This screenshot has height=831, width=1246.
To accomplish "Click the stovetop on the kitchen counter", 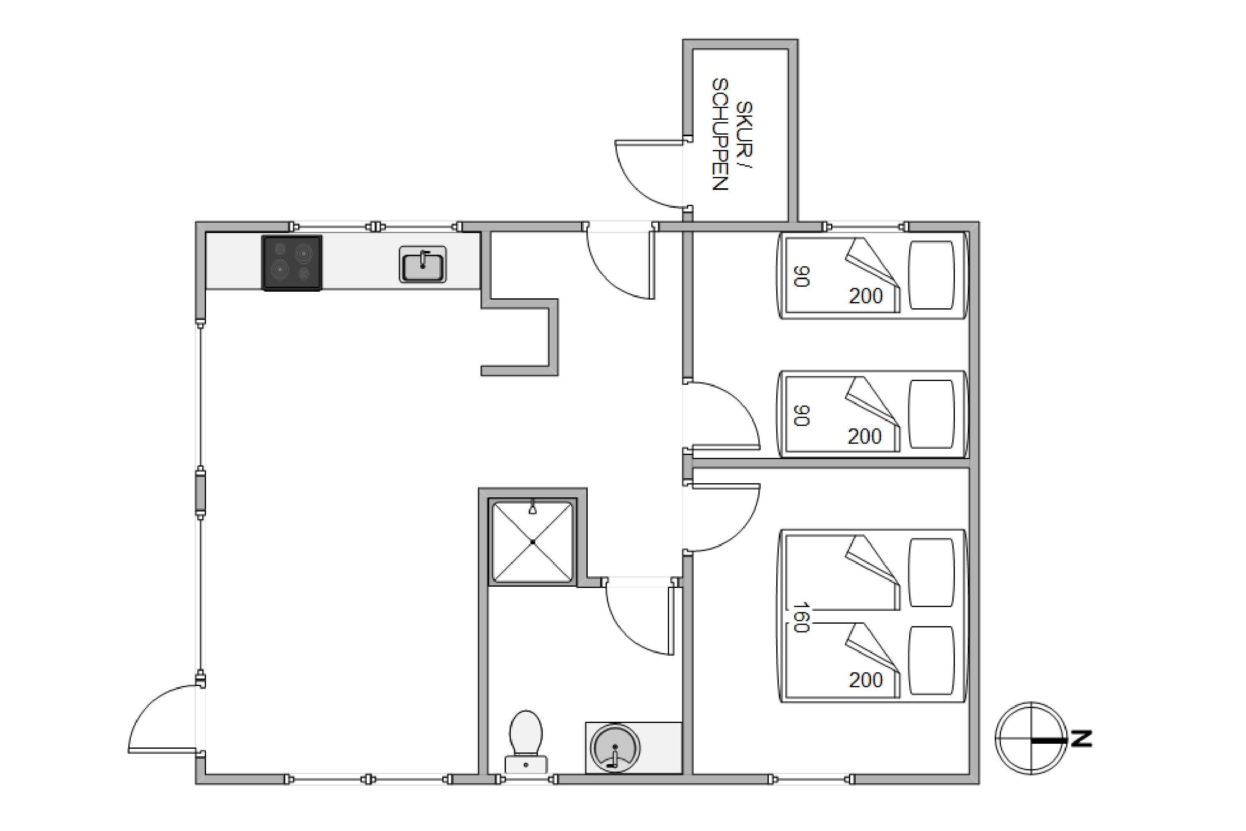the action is pyautogui.click(x=292, y=263).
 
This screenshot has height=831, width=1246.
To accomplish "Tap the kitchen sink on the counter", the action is pyautogui.click(x=423, y=264).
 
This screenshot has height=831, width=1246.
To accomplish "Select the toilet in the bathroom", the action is pyautogui.click(x=526, y=741).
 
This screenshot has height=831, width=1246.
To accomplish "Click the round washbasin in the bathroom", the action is pyautogui.click(x=615, y=748).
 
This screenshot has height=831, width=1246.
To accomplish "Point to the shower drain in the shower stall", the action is pyautogui.click(x=533, y=542).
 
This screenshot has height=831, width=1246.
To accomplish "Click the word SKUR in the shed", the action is pyautogui.click(x=744, y=129).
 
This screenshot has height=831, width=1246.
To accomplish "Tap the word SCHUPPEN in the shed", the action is pyautogui.click(x=720, y=135).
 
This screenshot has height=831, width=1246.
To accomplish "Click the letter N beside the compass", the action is pyautogui.click(x=1081, y=739).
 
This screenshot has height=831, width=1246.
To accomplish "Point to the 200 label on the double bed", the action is pyautogui.click(x=866, y=680).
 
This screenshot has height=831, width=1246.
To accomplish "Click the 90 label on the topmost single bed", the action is pyautogui.click(x=802, y=276).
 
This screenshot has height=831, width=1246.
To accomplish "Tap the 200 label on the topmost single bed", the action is pyautogui.click(x=866, y=296).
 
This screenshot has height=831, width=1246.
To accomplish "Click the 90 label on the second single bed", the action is pyautogui.click(x=802, y=415).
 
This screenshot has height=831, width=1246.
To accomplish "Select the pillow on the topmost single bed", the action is pyautogui.click(x=931, y=275).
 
